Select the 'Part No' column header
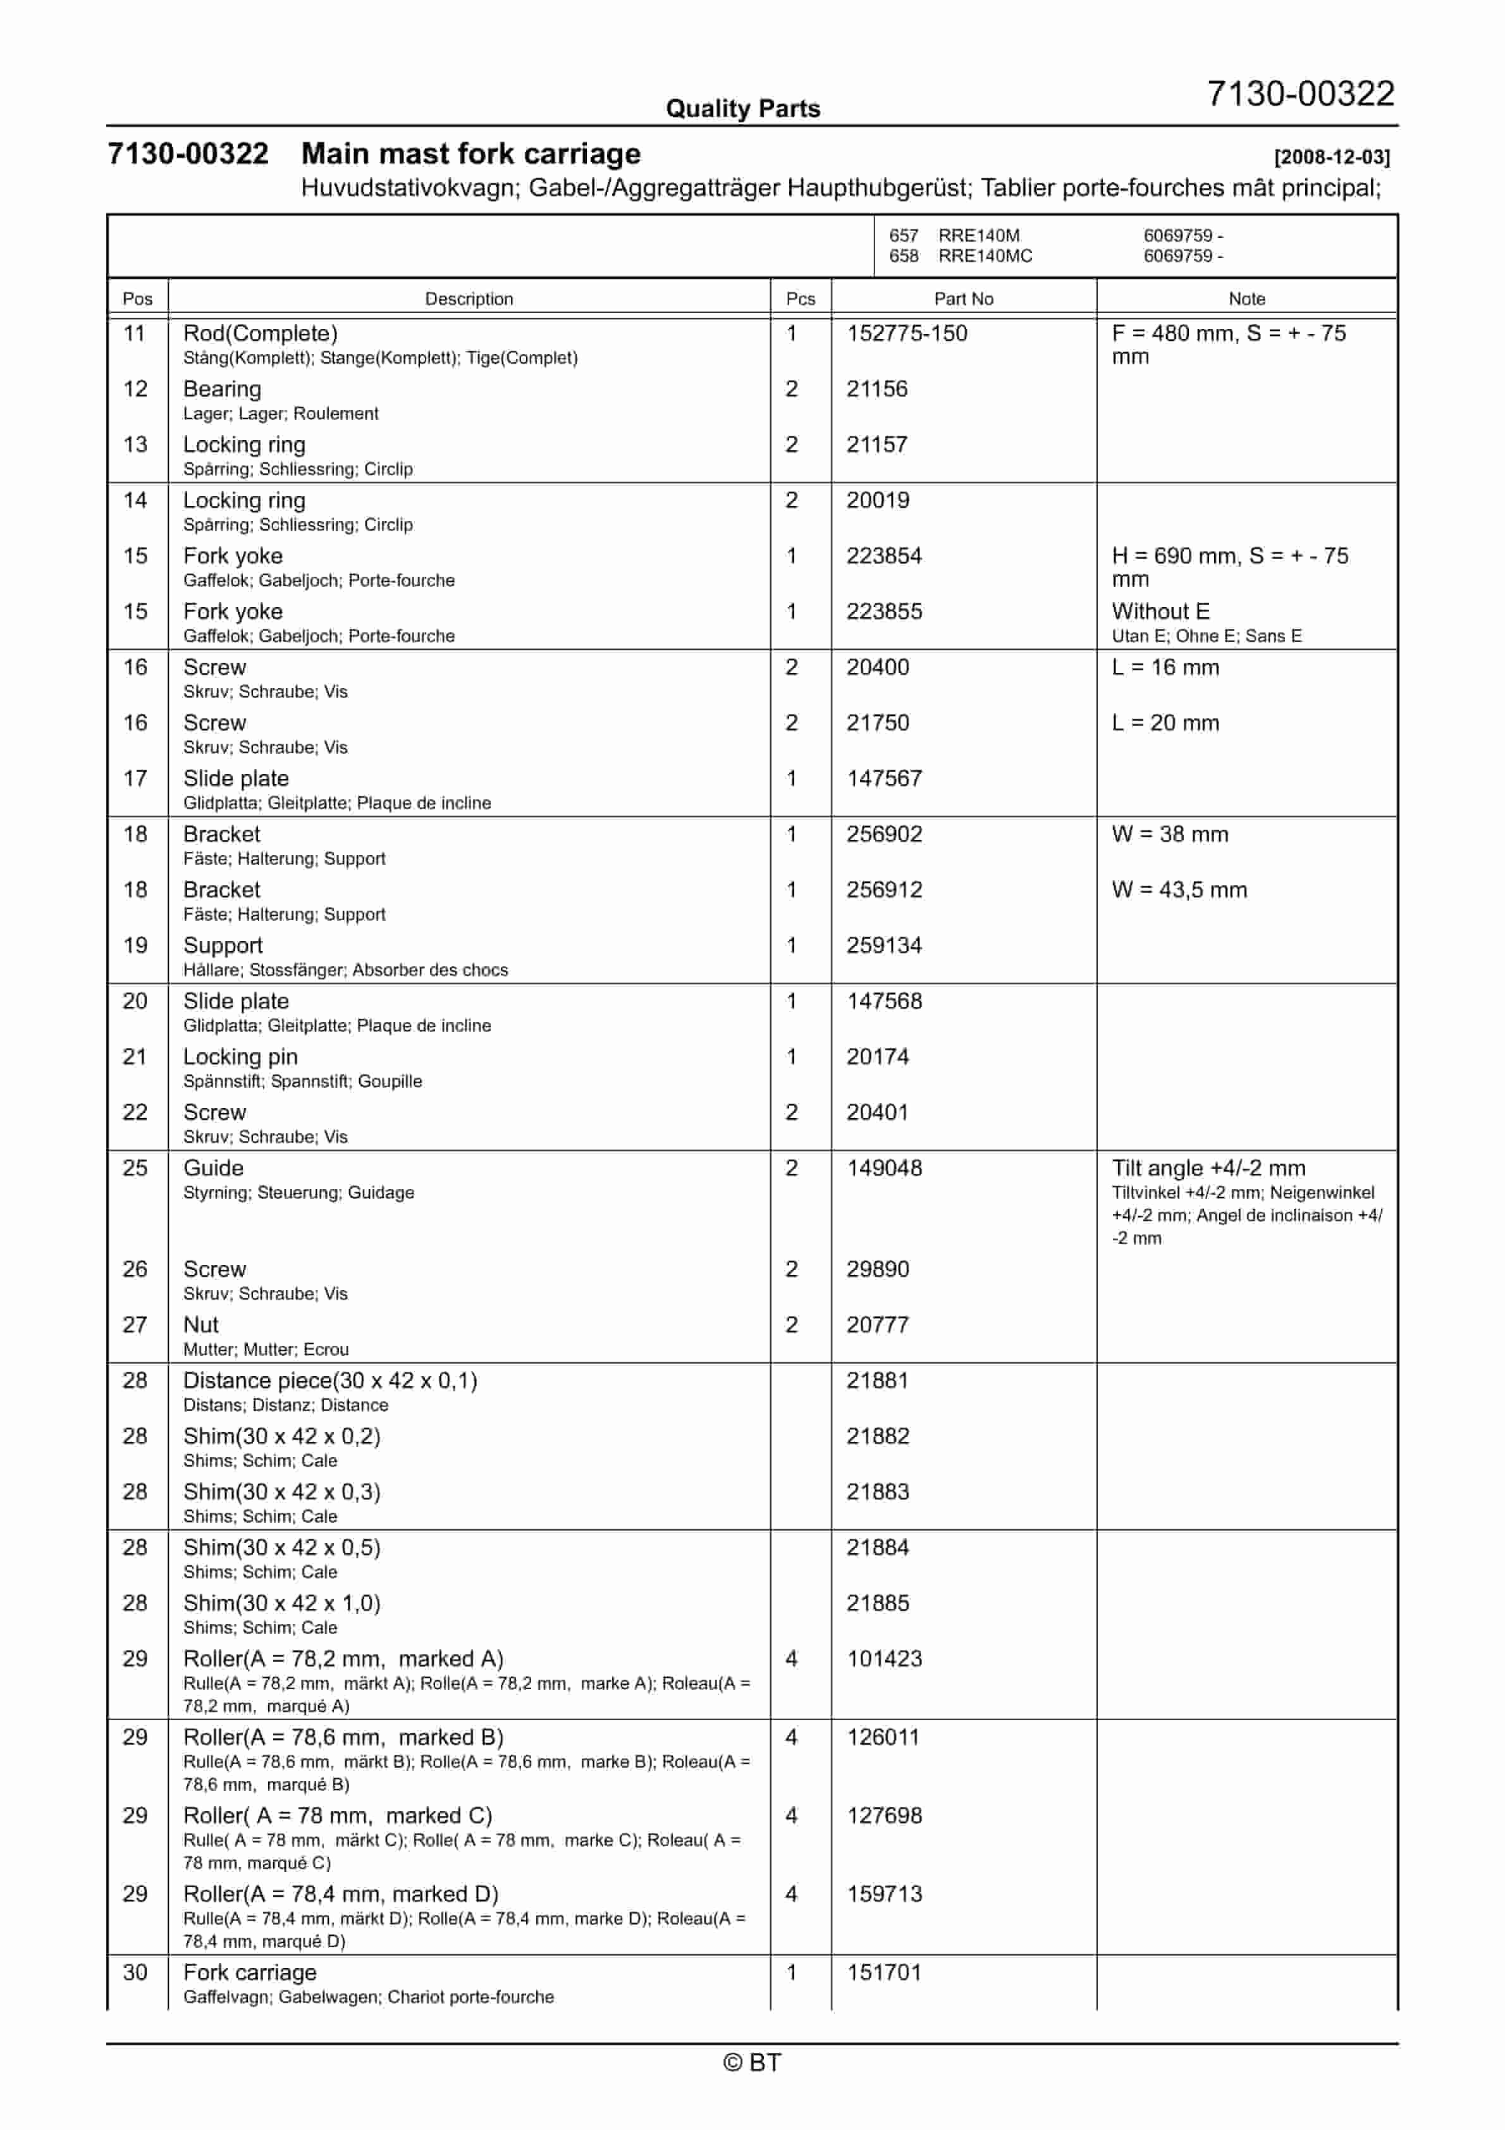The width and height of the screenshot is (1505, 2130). click(x=962, y=299)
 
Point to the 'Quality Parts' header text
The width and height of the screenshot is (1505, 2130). click(x=742, y=109)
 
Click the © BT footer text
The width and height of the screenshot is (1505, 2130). click(x=752, y=2062)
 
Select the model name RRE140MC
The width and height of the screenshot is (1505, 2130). click(x=985, y=256)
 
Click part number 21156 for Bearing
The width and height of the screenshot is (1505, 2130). click(x=876, y=389)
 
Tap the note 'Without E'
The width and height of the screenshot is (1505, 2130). click(x=1160, y=612)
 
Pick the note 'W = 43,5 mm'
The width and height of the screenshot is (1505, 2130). click(x=1179, y=890)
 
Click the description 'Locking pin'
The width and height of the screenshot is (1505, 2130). click(x=240, y=1057)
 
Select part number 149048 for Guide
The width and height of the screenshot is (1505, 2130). click(x=883, y=1168)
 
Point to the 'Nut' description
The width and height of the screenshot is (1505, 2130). click(x=201, y=1325)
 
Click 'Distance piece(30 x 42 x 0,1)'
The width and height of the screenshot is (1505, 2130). click(x=329, y=1381)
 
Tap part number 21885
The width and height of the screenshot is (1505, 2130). click(x=877, y=1603)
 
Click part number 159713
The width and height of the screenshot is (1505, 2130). click(x=883, y=1893)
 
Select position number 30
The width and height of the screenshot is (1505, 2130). click(x=135, y=1973)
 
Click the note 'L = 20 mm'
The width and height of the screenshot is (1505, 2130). click(x=1164, y=723)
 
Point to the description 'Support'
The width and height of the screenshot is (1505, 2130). click(x=223, y=945)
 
